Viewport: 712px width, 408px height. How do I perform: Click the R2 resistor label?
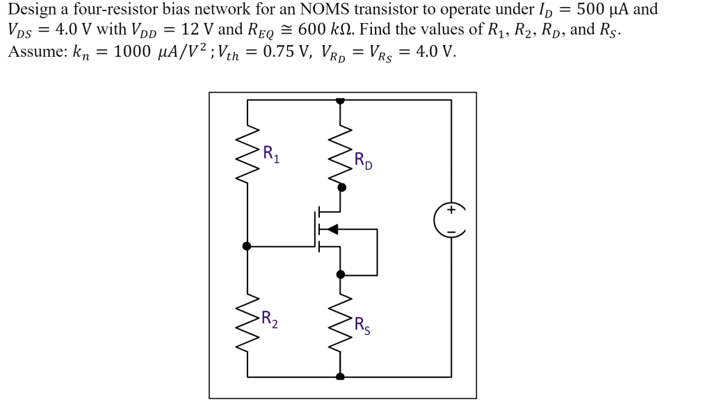(270, 320)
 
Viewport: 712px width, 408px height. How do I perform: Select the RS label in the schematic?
(362, 325)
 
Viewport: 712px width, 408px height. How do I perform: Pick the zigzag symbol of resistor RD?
(341, 154)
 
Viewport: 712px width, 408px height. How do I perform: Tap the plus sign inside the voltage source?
(451, 209)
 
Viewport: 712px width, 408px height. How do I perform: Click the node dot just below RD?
(341, 187)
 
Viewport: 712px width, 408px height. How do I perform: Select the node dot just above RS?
(341, 275)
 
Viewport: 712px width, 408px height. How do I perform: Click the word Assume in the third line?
(35, 52)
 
